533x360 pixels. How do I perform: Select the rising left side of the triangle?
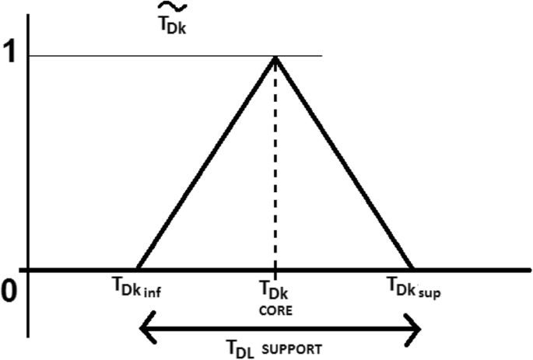point(206,163)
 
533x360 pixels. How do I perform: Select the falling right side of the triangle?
point(344,163)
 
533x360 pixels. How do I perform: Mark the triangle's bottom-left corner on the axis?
point(138,270)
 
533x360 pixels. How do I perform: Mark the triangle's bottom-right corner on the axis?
point(413,270)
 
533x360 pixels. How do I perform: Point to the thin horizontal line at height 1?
point(156,56)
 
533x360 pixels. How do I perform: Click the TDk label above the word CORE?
point(275,291)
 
